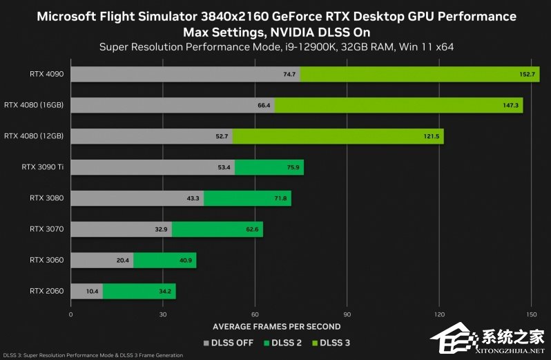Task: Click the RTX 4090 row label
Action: [46, 74]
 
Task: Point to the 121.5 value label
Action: [431, 136]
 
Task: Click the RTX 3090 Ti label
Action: [43, 167]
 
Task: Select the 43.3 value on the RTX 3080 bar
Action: [193, 198]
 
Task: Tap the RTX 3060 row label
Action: [46, 260]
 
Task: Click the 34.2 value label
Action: [165, 291]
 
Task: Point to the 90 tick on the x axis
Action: [347, 314]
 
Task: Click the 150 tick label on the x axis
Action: [531, 314]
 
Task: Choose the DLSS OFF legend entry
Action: [228, 342]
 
